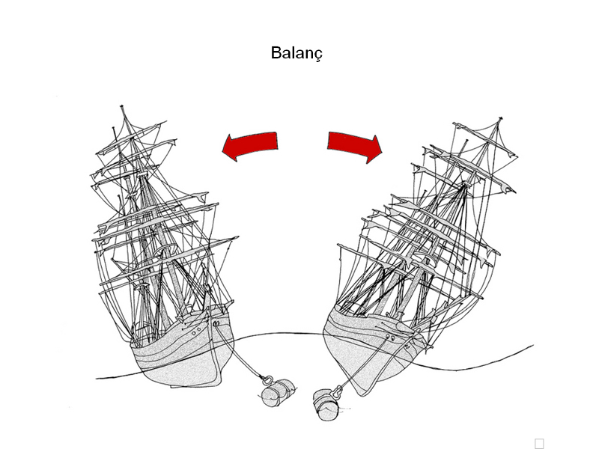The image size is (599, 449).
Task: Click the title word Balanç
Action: (297, 54)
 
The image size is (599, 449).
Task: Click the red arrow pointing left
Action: (251, 145)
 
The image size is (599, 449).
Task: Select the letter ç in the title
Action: (319, 55)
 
